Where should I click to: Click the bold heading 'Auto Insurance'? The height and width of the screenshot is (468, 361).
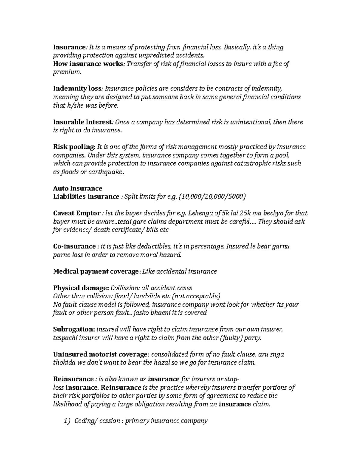point(77,189)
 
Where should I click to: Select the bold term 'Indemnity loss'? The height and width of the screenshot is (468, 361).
point(78,89)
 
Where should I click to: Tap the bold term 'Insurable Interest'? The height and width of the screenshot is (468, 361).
point(82,122)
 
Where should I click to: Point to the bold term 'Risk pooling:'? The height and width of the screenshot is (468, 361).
point(74,147)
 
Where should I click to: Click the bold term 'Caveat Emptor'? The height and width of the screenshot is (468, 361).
point(76,213)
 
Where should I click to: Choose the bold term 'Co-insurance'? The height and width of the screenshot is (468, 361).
point(74,247)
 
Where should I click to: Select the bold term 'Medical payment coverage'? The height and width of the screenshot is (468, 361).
point(95,272)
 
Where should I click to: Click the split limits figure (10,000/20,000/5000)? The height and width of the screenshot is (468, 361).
point(212,197)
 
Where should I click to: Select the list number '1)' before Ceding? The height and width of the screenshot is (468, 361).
point(67,421)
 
